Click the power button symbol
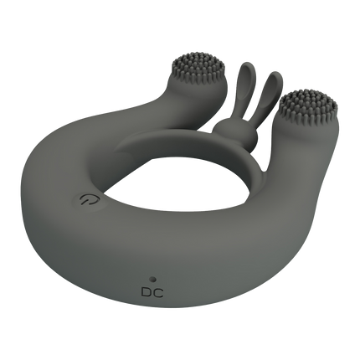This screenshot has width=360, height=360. (85, 200)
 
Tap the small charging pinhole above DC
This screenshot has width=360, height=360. (152, 279)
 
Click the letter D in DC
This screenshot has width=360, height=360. (147, 292)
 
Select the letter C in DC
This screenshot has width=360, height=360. (158, 292)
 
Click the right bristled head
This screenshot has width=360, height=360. (308, 105)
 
